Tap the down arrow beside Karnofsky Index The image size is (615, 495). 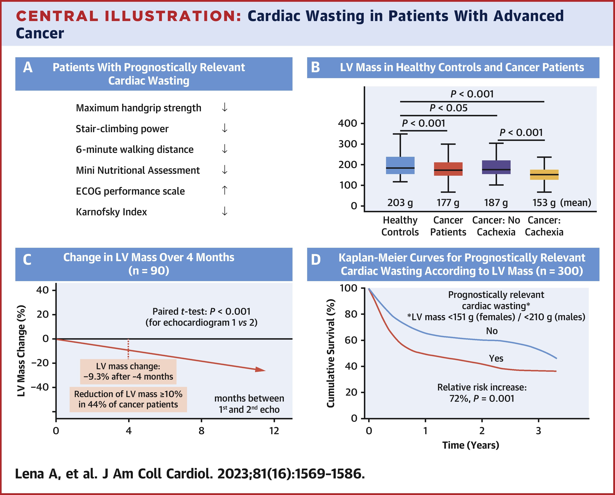[225, 211]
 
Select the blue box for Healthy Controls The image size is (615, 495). [400, 165]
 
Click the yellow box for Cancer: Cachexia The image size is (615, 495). [544, 174]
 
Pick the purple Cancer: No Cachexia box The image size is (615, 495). [496, 167]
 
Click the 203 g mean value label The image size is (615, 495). [400, 203]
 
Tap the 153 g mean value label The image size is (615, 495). [544, 203]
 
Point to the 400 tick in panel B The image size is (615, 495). [347, 123]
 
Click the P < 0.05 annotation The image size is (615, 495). [448, 108]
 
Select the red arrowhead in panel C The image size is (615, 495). [260, 370]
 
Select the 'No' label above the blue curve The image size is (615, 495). [492, 331]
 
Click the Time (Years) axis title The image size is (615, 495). [471, 445]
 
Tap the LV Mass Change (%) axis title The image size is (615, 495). [21, 351]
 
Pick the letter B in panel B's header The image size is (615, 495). [316, 68]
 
